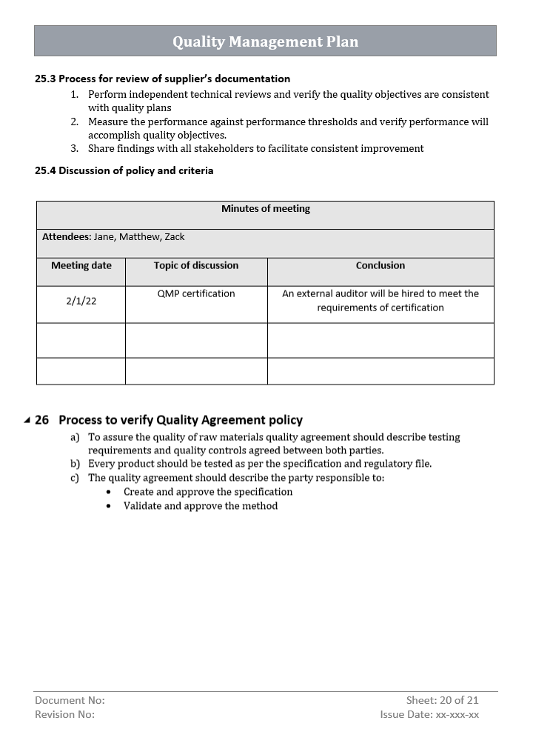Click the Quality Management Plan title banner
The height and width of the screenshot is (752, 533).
click(265, 41)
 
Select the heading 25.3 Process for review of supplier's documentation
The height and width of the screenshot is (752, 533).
click(162, 79)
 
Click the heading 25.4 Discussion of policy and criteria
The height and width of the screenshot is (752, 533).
click(124, 170)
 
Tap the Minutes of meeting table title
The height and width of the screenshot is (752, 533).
click(265, 209)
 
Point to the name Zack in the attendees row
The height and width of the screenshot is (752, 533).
click(175, 237)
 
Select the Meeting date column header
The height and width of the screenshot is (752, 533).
click(81, 265)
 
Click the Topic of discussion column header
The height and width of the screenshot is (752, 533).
click(196, 265)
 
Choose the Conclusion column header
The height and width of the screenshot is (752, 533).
click(381, 265)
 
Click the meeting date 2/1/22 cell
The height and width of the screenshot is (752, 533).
click(81, 301)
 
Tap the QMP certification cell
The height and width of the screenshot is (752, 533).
click(196, 293)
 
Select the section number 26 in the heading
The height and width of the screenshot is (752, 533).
click(42, 420)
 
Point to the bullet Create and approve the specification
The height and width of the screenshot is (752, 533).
click(208, 492)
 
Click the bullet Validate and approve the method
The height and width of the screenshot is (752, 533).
click(201, 506)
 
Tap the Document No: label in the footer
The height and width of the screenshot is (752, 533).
click(70, 700)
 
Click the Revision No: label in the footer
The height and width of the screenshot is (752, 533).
click(65, 714)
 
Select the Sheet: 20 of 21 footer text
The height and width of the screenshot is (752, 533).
click(442, 700)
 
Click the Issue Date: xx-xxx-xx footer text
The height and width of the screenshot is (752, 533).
click(429, 714)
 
